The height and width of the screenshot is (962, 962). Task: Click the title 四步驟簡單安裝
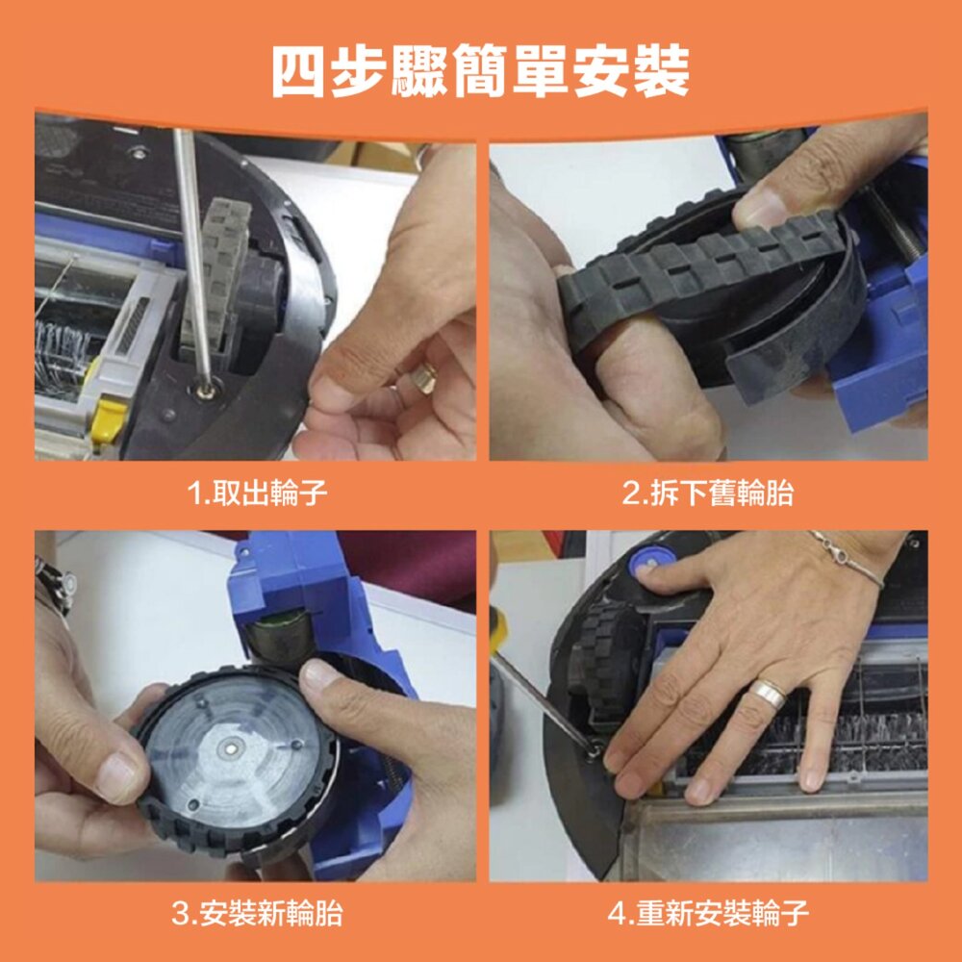[x=480, y=72]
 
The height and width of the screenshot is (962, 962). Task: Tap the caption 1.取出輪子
[x=257, y=493]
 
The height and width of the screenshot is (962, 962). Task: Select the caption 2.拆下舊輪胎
[x=707, y=493]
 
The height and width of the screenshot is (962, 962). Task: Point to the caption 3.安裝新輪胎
[x=257, y=914]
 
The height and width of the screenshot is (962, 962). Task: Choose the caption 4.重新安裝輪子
[x=707, y=914]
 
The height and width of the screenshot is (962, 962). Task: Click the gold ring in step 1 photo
[x=424, y=376]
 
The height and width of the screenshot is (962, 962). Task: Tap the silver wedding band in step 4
[x=769, y=694]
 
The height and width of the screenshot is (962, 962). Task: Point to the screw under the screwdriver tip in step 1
[x=205, y=391]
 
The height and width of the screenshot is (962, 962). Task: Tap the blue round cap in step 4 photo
[x=651, y=561]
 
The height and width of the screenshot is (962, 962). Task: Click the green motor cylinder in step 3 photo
[x=281, y=638]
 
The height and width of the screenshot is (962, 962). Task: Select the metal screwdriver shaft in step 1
[x=192, y=258]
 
